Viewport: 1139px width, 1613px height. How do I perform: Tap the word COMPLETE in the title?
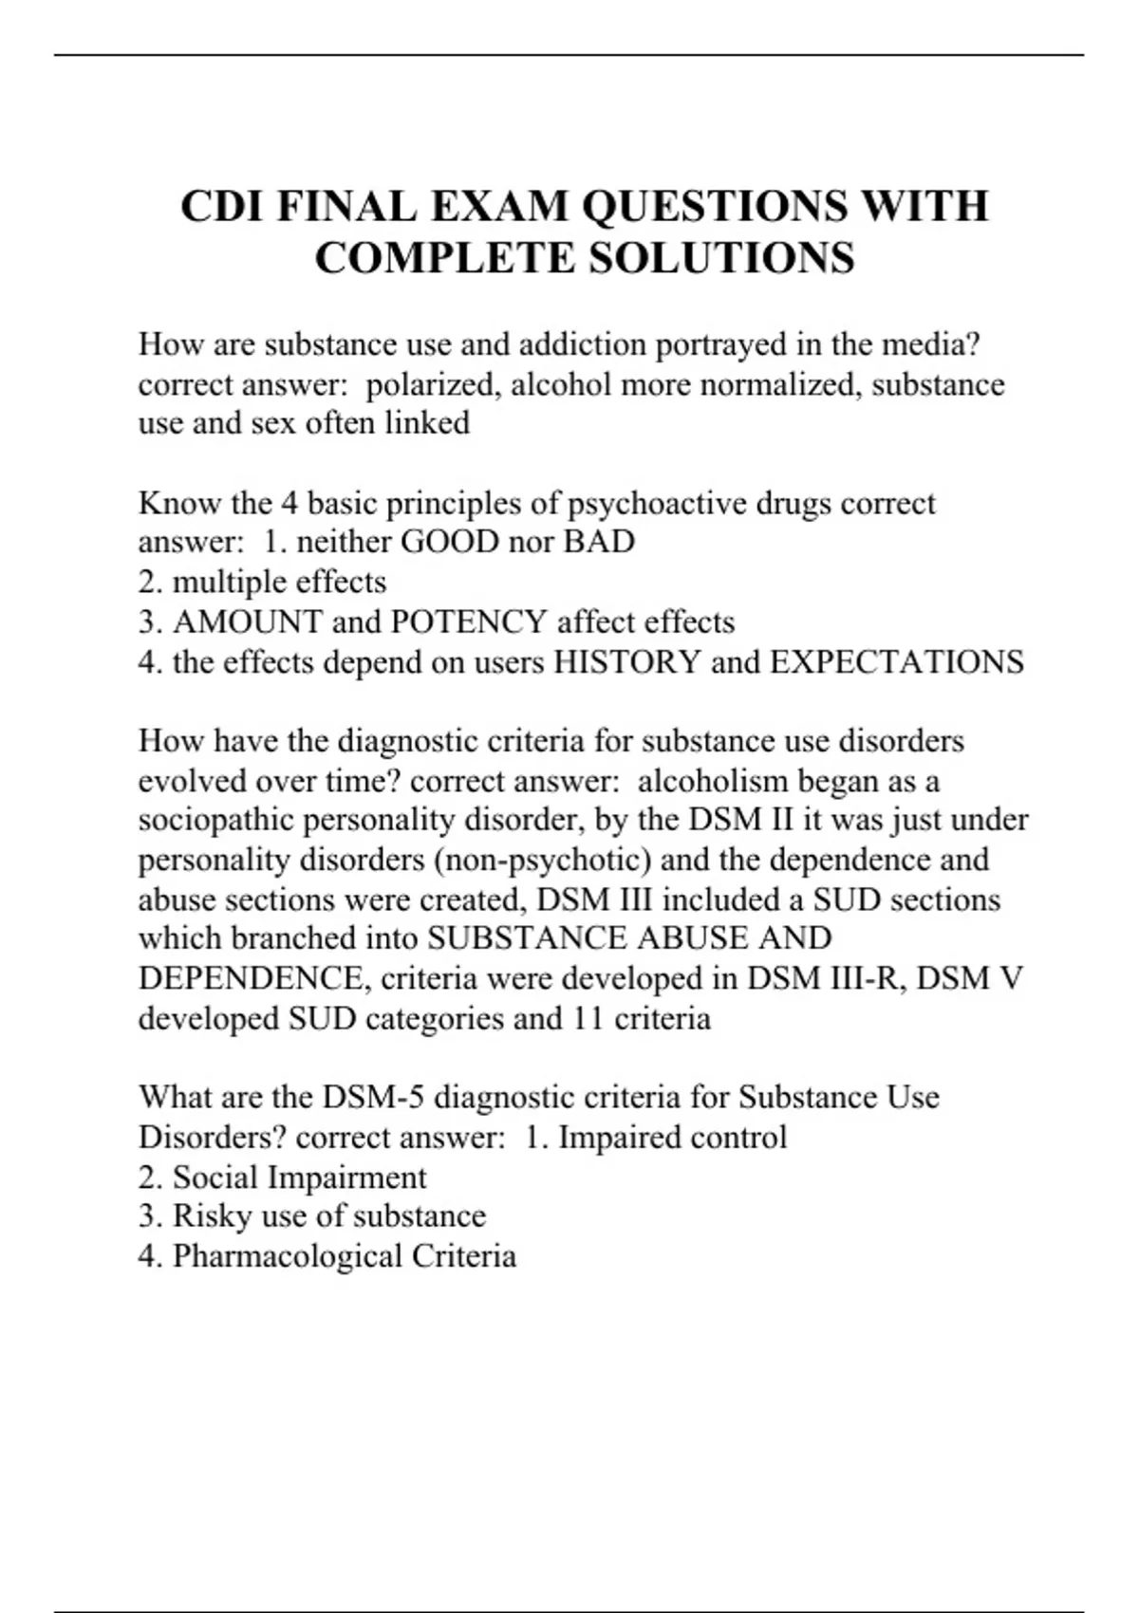(444, 258)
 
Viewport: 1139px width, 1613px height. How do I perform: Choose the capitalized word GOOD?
(450, 542)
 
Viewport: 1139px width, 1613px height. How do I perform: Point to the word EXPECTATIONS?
(896, 661)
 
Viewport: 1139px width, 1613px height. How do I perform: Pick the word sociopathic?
(215, 820)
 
